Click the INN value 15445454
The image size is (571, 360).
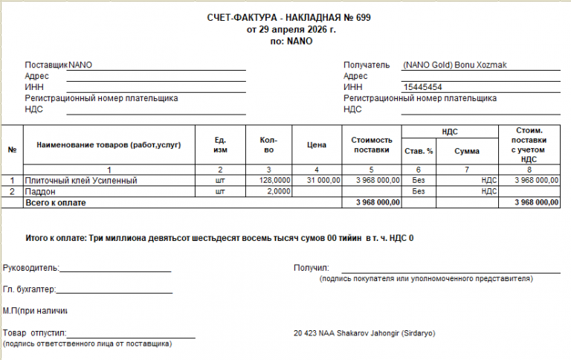tap(423, 87)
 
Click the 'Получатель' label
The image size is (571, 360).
tap(367, 65)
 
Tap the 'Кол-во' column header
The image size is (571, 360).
tap(269, 144)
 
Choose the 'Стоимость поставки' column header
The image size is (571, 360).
tap(371, 144)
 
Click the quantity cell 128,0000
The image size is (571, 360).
tap(274, 180)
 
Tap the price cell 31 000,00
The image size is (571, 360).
tap(322, 180)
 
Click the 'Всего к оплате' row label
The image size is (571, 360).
tap(56, 202)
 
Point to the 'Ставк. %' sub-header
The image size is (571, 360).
tap(419, 151)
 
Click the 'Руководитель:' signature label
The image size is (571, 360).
tap(31, 268)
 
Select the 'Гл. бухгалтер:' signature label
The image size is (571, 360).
tap(30, 289)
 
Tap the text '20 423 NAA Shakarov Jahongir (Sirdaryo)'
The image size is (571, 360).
tap(364, 332)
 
